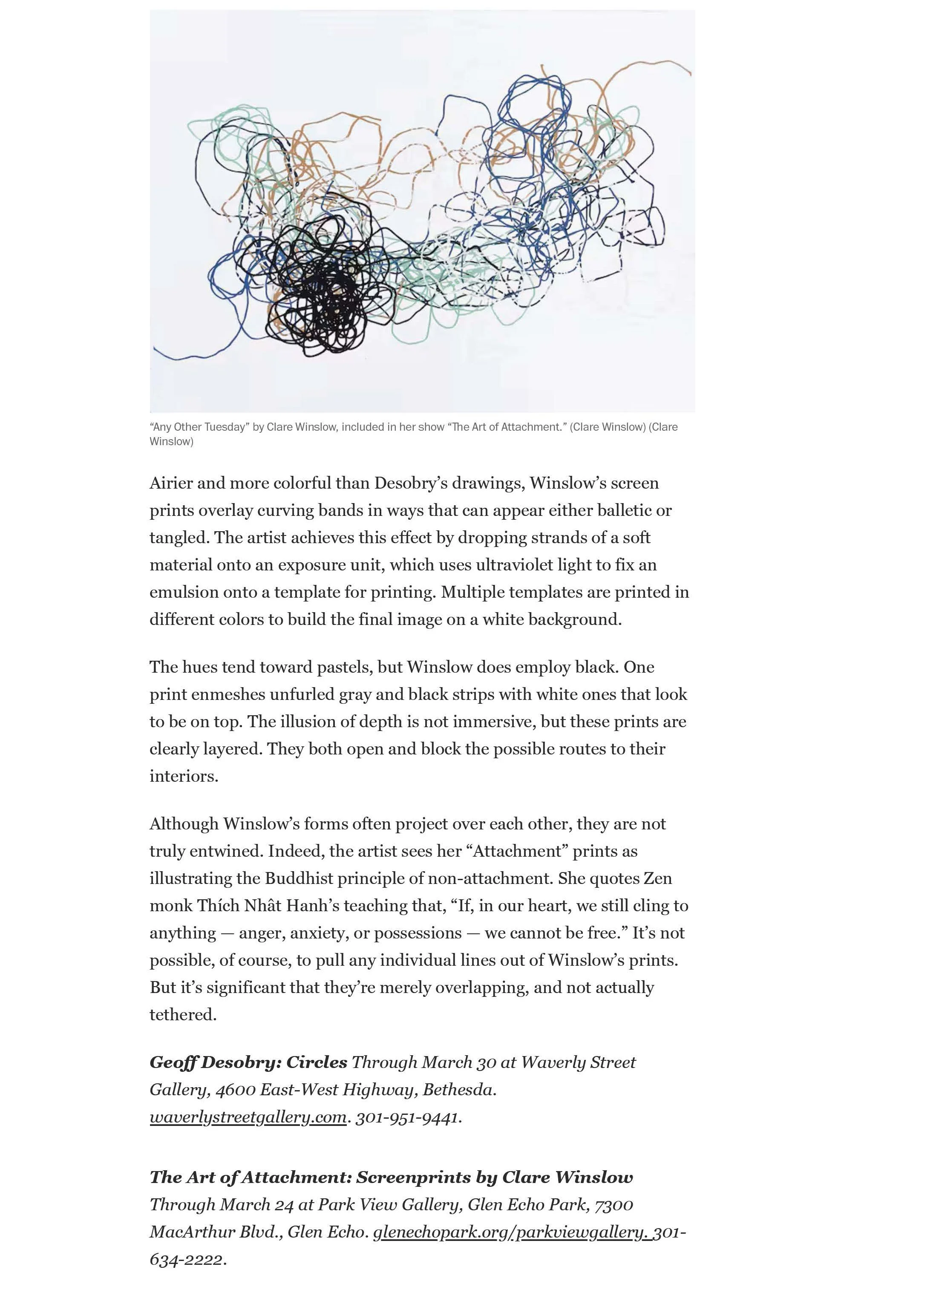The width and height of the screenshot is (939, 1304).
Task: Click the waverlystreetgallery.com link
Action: (248, 1117)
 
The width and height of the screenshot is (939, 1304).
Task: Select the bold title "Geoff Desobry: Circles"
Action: (248, 1062)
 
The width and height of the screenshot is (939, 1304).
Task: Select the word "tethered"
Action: (182, 1015)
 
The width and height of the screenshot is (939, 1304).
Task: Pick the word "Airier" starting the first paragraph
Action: (170, 483)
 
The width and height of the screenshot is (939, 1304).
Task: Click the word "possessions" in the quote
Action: (418, 933)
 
